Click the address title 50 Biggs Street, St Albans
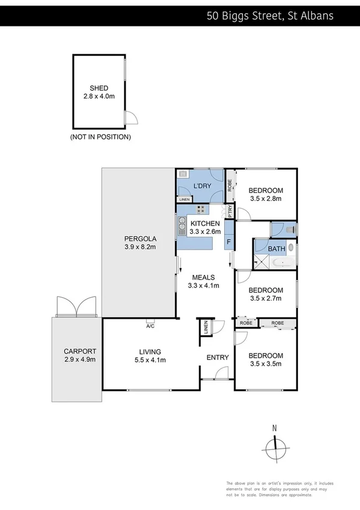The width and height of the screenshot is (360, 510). [278, 16]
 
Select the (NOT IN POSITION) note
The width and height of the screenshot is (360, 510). [100, 137]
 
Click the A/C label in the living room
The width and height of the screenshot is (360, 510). [150, 327]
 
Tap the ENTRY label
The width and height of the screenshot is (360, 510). [218, 357]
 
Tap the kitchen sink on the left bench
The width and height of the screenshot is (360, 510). [181, 227]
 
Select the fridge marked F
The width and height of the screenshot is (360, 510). [229, 242]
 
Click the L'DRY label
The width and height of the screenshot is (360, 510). [200, 186]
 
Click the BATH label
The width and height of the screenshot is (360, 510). [276, 248]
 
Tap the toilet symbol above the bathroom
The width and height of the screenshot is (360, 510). [290, 229]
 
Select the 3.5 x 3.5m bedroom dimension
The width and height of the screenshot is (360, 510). [266, 363]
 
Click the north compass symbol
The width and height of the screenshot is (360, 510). [274, 446]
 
